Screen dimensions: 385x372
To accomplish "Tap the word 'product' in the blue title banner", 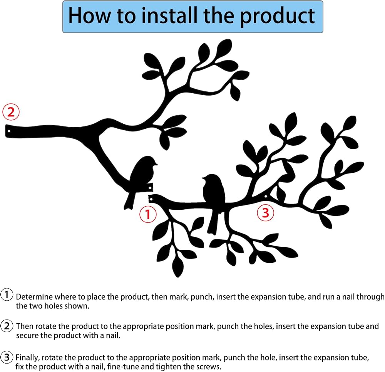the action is coord(277,17).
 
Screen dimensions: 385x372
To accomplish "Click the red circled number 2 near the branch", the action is coord(11,112).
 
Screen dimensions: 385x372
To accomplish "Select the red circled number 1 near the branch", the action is coord(148,214).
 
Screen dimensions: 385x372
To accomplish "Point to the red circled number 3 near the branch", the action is coord(265,212).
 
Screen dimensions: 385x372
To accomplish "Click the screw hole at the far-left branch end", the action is coord(9,131).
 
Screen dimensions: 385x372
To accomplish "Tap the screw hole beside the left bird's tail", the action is coord(150,188).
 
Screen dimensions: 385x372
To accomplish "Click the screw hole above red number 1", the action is coord(151,199).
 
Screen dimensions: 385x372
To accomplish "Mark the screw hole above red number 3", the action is coord(266,197).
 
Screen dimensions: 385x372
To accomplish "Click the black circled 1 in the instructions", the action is coord(7,295).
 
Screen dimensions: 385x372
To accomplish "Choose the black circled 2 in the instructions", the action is coord(7,326).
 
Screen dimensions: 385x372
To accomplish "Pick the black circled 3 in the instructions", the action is coord(7,357).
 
